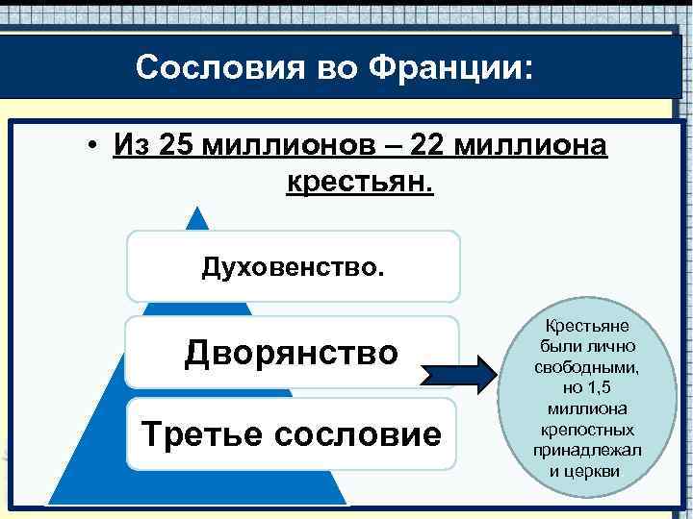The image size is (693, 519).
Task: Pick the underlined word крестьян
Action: [360, 180]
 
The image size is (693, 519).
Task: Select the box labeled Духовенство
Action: [293, 266]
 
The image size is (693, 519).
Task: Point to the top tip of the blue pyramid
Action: [198, 212]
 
